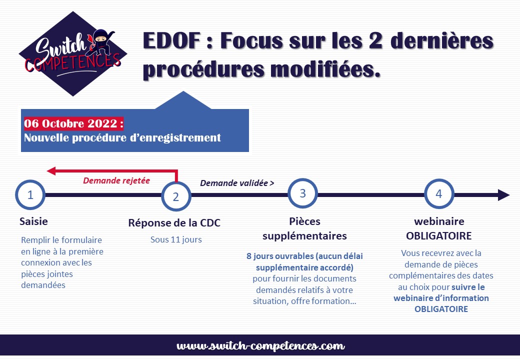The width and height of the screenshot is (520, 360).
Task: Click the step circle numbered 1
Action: tap(30, 195)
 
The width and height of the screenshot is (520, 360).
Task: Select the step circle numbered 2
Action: tap(176, 196)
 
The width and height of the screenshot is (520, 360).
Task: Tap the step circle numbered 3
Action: tap(303, 193)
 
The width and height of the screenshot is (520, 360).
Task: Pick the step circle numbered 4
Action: tap(439, 193)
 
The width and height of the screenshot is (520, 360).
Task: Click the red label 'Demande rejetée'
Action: tap(116, 180)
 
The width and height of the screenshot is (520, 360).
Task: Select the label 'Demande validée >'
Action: tap(237, 183)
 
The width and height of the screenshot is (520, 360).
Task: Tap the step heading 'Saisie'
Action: tap(34, 221)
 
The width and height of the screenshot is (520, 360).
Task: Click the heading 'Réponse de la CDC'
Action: tap(174, 223)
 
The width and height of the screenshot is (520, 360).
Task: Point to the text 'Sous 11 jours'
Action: tap(176, 239)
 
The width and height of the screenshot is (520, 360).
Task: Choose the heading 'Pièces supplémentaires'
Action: tap(304, 228)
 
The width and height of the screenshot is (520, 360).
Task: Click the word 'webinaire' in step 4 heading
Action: tap(439, 221)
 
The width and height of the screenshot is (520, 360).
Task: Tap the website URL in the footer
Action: tap(260, 346)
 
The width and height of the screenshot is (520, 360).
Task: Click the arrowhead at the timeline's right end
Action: tap(504, 195)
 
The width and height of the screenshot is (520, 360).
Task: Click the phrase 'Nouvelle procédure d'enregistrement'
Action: tap(122, 137)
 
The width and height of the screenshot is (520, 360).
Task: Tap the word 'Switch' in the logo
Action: tap(55, 47)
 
